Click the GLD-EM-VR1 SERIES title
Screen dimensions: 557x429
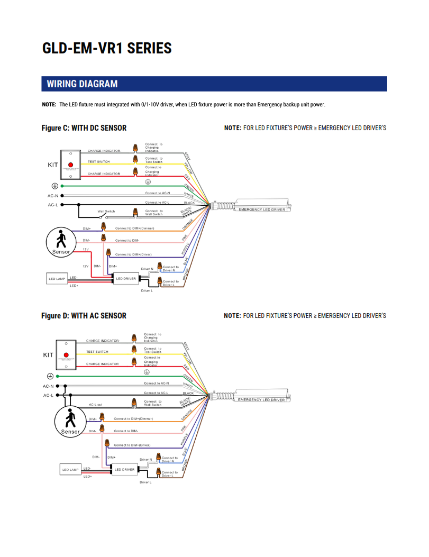point(107,48)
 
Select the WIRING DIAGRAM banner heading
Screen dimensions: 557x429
point(82,84)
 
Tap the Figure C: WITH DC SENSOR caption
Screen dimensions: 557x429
point(84,128)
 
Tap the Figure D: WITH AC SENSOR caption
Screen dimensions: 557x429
point(84,316)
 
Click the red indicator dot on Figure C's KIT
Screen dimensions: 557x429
point(70,165)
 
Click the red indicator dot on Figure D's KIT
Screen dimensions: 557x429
point(67,354)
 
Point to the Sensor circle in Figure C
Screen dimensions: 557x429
point(61,242)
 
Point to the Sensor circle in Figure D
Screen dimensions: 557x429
point(70,422)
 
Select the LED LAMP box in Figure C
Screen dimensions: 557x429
point(57,278)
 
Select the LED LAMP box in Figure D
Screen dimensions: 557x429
point(70,469)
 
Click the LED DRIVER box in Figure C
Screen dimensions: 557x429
point(126,278)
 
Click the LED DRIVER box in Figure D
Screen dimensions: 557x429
point(124,469)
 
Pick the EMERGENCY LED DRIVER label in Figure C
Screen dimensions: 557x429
point(262,209)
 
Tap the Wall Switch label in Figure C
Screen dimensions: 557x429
point(106,211)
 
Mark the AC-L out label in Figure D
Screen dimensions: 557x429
point(96,405)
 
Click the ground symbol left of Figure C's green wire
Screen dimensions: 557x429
point(54,186)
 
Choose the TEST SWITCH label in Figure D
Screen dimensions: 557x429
point(97,352)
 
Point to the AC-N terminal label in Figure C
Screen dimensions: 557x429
point(52,196)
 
